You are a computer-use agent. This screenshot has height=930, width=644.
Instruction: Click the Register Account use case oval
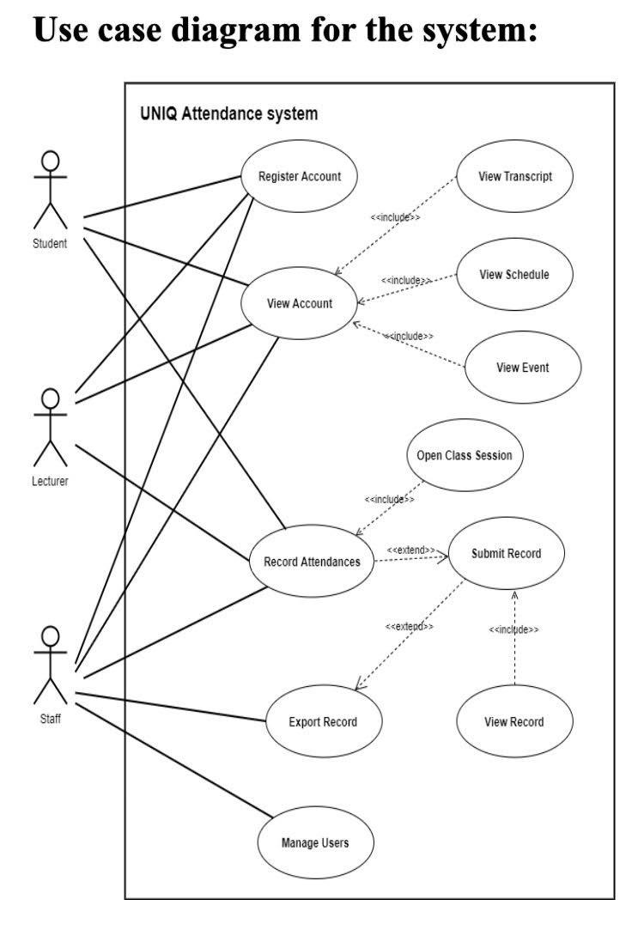tap(300, 177)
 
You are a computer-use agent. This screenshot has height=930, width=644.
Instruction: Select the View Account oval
tap(299, 303)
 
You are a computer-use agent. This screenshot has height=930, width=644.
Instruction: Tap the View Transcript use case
tap(515, 177)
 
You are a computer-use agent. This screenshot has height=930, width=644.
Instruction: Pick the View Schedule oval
tap(514, 275)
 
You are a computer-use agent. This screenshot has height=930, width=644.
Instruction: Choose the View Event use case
tap(522, 368)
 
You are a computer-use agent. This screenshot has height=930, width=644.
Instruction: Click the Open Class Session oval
tap(464, 455)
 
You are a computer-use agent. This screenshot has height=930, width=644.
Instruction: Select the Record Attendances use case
tap(312, 562)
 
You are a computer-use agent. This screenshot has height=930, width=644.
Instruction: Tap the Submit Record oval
tap(507, 554)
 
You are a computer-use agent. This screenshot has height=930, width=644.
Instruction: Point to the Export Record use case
tap(323, 721)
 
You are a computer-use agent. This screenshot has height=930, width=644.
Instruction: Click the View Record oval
tap(513, 721)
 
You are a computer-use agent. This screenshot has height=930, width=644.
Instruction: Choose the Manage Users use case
tap(315, 842)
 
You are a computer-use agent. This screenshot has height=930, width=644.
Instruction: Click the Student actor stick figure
tap(50, 191)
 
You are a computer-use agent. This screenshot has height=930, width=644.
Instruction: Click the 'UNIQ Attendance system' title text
tap(228, 113)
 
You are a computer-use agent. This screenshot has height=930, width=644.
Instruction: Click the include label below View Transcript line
tap(395, 218)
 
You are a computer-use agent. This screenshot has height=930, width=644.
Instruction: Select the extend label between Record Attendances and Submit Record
tap(410, 550)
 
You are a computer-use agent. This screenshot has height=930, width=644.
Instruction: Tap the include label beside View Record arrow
tap(513, 629)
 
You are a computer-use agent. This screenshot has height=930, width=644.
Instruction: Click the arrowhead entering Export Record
tap(359, 686)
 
